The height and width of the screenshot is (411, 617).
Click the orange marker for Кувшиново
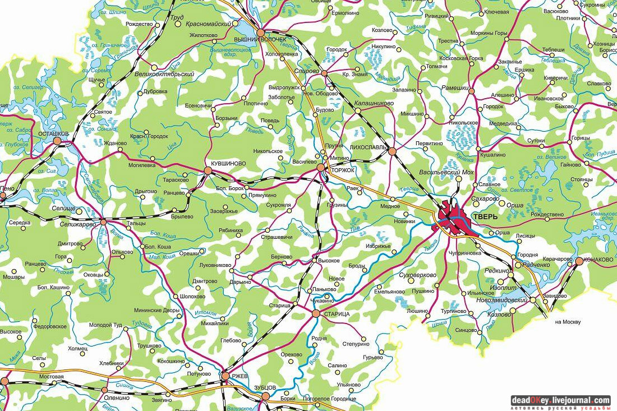click(208, 169)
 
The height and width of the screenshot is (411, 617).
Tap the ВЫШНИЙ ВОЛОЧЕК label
click(264, 40)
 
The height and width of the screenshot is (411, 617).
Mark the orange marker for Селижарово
click(103, 223)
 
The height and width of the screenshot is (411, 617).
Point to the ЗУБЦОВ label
click(265, 387)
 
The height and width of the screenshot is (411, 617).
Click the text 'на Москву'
click(568, 322)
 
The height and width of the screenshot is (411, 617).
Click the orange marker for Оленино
click(104, 389)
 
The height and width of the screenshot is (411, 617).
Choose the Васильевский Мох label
click(446, 172)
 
